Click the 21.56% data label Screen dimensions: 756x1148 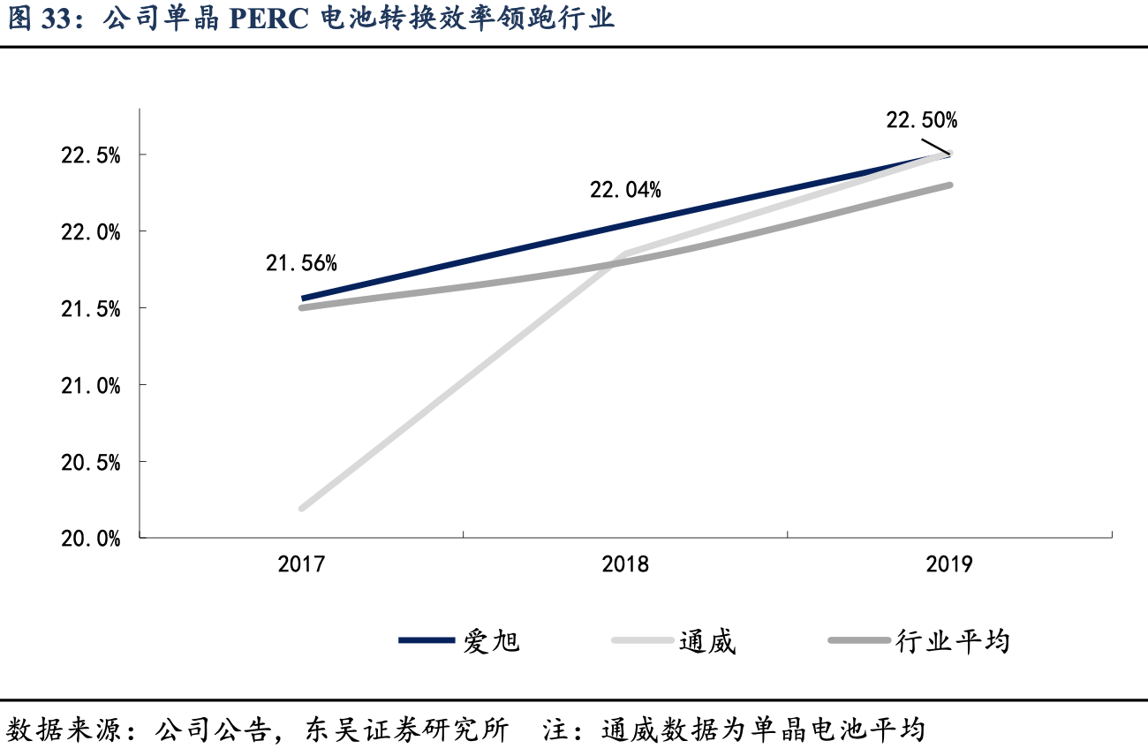pyautogui.click(x=301, y=262)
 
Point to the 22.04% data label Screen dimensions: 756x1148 pyautogui.click(x=625, y=189)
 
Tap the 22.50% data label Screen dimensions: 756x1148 pyautogui.click(x=922, y=120)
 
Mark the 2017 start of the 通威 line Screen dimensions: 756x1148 pyautogui.click(x=303, y=508)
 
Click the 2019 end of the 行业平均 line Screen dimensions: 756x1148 pyautogui.click(x=949, y=185)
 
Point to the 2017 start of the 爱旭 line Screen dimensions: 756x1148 pyautogui.click(x=303, y=299)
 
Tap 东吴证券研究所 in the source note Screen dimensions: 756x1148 pyautogui.click(x=407, y=730)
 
